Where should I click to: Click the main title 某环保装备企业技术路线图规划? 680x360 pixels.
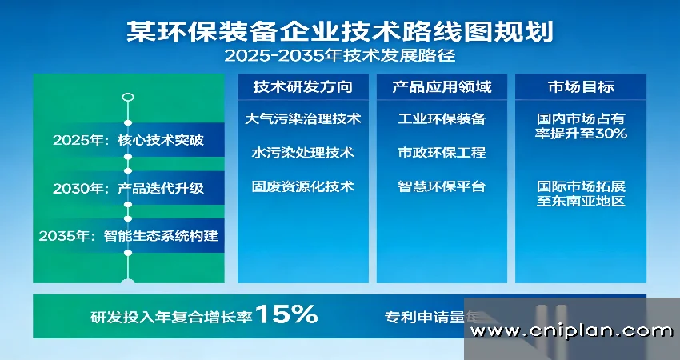tap(340, 31)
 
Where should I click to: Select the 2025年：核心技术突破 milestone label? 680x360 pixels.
tap(128, 141)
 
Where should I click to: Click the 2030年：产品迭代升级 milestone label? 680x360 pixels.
tap(128, 189)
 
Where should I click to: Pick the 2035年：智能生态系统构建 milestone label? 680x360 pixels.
tap(128, 236)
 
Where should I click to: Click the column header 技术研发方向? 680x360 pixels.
tap(303, 86)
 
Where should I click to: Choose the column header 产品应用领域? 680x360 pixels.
tap(442, 86)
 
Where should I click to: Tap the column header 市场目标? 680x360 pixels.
tap(581, 86)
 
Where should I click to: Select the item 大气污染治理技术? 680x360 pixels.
tap(303, 119)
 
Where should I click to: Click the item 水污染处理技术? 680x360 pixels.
tap(303, 152)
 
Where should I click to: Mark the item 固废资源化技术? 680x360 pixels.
tap(303, 186)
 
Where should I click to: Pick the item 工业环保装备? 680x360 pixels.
tap(442, 119)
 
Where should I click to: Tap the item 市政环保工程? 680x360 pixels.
tap(442, 152)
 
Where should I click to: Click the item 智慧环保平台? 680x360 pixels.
tap(442, 186)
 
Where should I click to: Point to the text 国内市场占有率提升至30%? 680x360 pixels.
tap(581, 126)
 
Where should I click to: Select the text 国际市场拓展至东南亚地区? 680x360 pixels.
tap(581, 194)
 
